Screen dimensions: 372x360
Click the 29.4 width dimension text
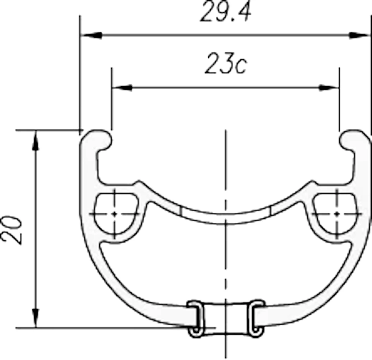225,12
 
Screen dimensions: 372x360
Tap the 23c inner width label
226,64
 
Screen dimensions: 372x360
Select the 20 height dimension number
12,229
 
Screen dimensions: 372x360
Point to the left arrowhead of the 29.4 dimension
92,35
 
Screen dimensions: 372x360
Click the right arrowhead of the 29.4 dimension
359,35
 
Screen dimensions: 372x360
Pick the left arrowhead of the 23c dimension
122,87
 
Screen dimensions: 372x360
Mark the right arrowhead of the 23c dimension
329,87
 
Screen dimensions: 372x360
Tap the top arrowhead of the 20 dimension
36,141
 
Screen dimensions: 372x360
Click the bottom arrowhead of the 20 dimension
36,318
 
